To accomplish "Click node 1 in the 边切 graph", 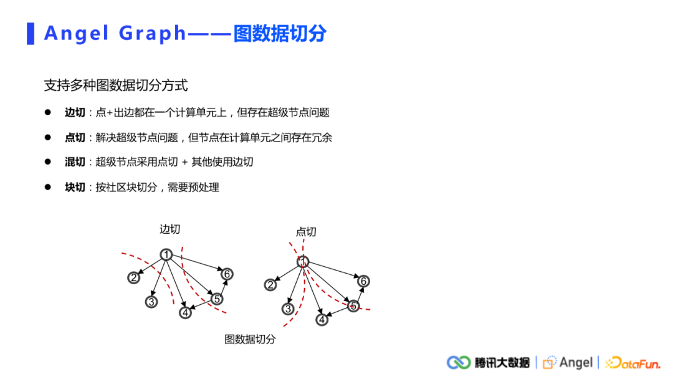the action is coord(166,254).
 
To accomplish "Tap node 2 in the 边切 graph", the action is coord(133,278).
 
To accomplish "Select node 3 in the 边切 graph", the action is coord(151,302).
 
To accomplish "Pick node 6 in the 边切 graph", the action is coord(227,274).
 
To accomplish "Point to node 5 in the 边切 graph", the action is coord(217,299).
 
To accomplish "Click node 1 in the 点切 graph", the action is coord(303,262).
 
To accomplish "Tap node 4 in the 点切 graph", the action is coord(322,320).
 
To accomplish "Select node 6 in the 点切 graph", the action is coord(363,281).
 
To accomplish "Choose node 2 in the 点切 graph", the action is coord(270,285).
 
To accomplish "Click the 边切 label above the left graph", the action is coord(169,229).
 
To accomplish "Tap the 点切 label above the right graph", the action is coord(306,232).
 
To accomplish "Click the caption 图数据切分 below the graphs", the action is coord(250,340).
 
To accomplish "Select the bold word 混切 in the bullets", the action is coord(75,162).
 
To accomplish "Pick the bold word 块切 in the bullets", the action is coord(75,187).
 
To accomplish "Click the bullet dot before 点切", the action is coord(47,137).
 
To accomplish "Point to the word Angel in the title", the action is coord(77,34).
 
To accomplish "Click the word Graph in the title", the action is coord(153,34).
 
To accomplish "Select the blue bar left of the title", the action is coord(31,34).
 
